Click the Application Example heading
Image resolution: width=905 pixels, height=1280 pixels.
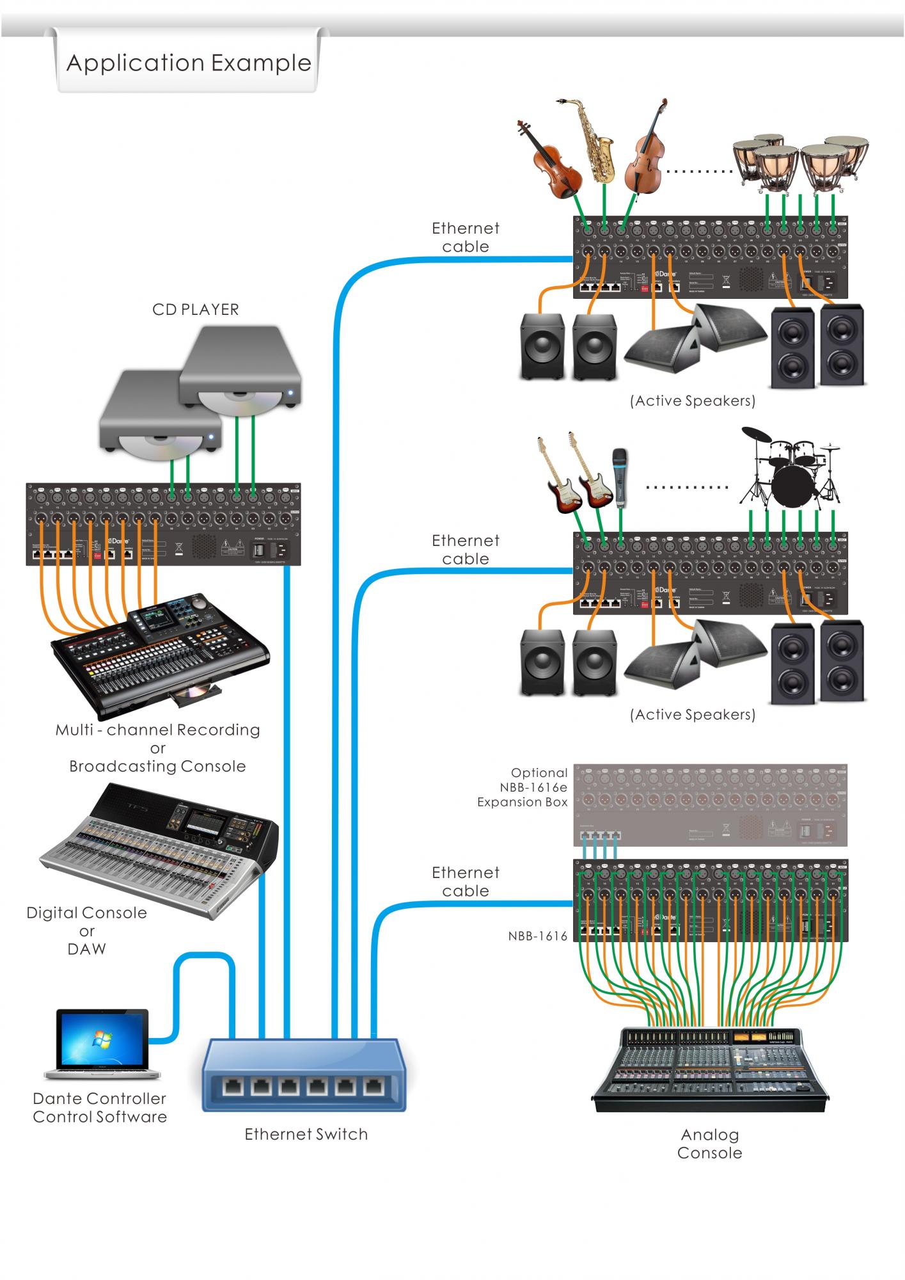pyautogui.click(x=189, y=63)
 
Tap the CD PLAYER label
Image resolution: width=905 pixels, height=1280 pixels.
pyautogui.click(x=196, y=310)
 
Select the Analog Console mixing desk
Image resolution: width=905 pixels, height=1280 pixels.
pyautogui.click(x=710, y=1069)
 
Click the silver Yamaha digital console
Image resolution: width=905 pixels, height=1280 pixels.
pyautogui.click(x=160, y=845)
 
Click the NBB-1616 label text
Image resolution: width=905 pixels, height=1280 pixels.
pyautogui.click(x=538, y=936)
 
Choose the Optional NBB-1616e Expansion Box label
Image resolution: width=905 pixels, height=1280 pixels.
pyautogui.click(x=523, y=787)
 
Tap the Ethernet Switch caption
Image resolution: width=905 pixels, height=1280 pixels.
pyautogui.click(x=306, y=1134)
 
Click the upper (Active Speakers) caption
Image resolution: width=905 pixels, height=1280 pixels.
pyautogui.click(x=693, y=401)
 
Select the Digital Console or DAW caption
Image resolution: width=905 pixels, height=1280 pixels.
pyautogui.click(x=86, y=931)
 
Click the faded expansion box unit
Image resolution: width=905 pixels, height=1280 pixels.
pyautogui.click(x=710, y=805)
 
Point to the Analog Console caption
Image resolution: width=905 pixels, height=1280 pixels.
pyautogui.click(x=710, y=1144)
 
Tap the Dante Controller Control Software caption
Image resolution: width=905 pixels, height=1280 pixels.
pyautogui.click(x=100, y=1108)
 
